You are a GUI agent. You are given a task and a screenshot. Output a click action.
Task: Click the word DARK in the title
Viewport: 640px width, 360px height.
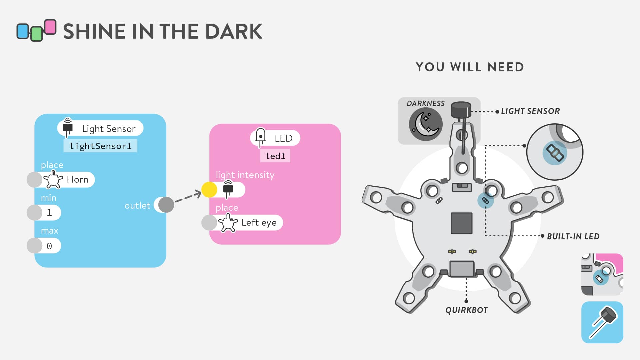point(234,31)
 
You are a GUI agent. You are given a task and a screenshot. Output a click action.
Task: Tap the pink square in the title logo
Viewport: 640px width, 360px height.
point(50,27)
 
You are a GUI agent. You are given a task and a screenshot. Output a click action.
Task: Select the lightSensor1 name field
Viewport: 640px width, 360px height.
point(100,146)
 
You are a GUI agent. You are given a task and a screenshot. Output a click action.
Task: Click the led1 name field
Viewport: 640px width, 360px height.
point(275,156)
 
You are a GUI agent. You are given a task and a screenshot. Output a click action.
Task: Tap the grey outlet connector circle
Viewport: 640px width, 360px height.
point(166,205)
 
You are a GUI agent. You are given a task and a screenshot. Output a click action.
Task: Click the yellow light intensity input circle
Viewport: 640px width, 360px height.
point(209,190)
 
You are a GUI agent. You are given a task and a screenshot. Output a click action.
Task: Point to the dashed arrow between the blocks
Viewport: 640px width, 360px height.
point(188,197)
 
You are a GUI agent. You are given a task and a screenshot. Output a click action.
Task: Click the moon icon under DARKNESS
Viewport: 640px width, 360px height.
point(426,124)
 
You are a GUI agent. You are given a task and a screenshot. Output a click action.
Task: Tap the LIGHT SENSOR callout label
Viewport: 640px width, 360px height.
point(530,111)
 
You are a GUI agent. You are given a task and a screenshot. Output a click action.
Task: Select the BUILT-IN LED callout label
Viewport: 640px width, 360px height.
point(573,236)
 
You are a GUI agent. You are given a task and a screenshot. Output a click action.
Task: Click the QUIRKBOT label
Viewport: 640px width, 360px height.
point(466,310)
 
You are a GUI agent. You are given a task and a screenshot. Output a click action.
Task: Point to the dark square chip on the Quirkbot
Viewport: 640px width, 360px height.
point(462,223)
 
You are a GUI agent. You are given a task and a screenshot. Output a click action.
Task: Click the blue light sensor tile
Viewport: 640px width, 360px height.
point(602,322)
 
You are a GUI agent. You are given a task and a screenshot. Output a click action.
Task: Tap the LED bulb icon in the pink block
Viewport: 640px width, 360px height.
point(260,137)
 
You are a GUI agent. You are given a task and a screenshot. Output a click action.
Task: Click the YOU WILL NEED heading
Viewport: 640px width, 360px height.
point(470,67)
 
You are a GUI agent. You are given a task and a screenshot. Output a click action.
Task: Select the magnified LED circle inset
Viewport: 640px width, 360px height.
point(555,152)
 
